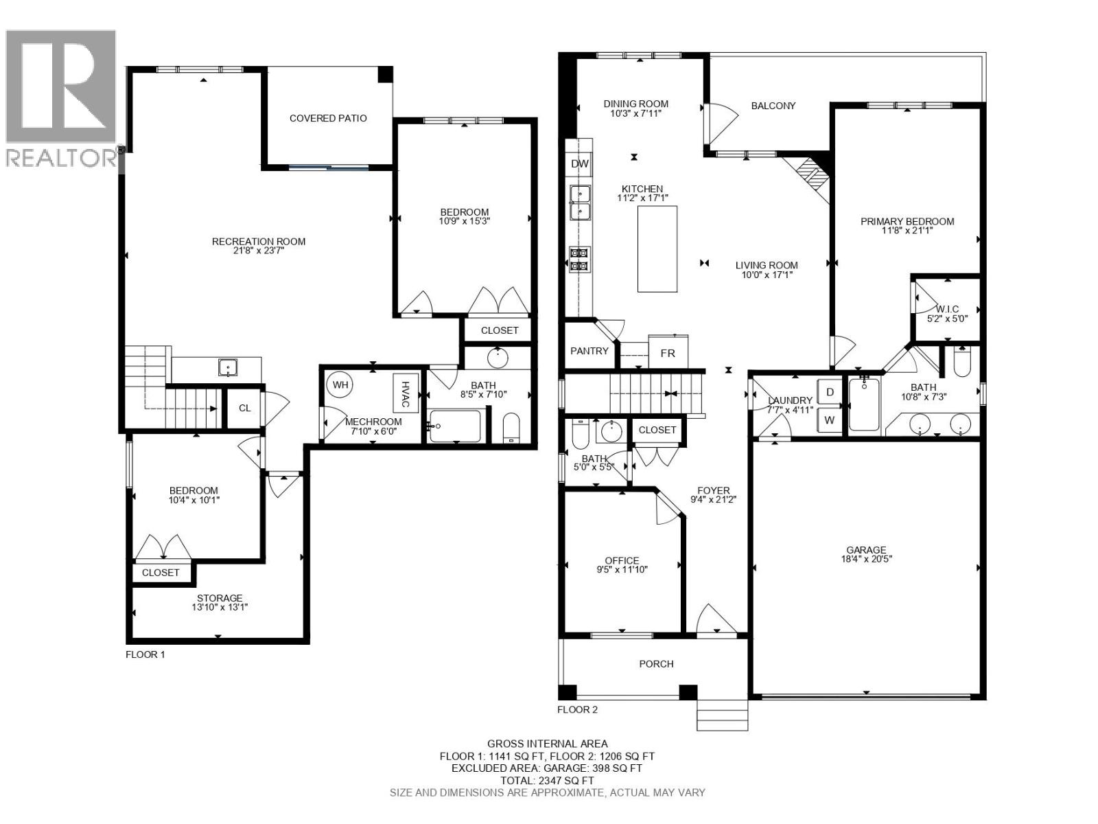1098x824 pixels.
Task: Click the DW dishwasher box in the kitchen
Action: point(580,164)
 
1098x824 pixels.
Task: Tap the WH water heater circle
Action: point(341,385)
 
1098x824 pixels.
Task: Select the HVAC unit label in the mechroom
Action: point(405,393)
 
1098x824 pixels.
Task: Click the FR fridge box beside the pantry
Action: point(667,353)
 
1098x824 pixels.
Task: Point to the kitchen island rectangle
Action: point(657,249)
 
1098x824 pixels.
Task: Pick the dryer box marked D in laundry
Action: point(830,392)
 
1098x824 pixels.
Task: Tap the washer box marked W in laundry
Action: point(830,420)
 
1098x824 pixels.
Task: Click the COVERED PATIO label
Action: point(328,118)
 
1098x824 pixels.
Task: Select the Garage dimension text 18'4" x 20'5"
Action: point(866,559)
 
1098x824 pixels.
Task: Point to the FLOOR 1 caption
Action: point(145,654)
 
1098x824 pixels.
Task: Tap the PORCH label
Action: point(656,664)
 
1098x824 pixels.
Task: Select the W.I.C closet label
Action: point(947,310)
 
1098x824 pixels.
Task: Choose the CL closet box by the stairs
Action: point(244,408)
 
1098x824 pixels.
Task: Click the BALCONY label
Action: point(773,106)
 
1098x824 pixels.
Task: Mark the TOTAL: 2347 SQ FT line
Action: point(547,781)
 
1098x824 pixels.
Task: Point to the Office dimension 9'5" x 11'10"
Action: point(622,569)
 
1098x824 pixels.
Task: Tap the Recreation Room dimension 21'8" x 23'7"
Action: point(258,251)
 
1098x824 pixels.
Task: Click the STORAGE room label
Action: point(220,598)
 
